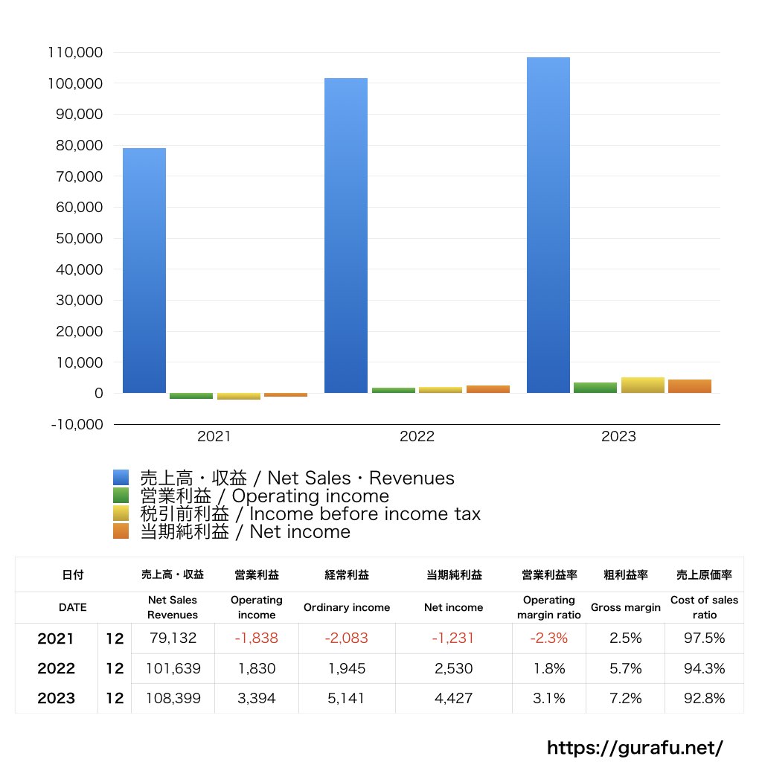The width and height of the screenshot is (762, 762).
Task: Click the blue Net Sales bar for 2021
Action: click(144, 270)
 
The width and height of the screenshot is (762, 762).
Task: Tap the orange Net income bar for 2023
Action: click(690, 386)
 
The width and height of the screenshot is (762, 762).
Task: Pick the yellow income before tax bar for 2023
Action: click(642, 385)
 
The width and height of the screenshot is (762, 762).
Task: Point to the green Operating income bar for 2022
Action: click(394, 390)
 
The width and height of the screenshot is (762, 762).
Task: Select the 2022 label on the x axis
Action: click(417, 437)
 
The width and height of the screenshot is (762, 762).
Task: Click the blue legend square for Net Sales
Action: click(121, 478)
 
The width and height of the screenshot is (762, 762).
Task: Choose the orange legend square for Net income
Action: click(121, 531)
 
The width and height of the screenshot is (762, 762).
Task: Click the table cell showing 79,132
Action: click(173, 638)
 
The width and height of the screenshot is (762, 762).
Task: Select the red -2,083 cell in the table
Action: click(346, 638)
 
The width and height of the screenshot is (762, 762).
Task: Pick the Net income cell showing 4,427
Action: click(453, 698)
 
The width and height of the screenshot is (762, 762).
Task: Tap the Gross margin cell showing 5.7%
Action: click(625, 668)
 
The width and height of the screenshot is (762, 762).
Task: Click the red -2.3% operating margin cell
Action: click(548, 638)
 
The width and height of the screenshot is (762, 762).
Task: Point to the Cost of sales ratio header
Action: click(704, 607)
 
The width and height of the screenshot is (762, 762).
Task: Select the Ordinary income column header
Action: click(346, 607)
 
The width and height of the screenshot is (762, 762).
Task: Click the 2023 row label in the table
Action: click(57, 698)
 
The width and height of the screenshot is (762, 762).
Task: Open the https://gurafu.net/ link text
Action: click(635, 747)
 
